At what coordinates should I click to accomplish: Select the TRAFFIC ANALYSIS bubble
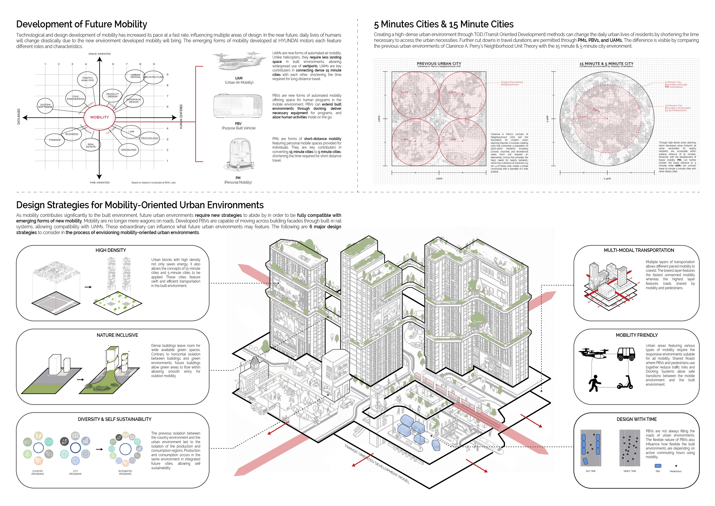(87, 79)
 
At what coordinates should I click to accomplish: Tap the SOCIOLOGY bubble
(129, 150)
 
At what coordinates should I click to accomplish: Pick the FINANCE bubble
(55, 140)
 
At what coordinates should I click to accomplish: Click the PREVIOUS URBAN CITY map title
(439, 63)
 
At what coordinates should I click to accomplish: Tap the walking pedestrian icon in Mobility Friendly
(594, 383)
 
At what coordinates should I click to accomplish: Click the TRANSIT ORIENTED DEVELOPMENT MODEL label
(377, 464)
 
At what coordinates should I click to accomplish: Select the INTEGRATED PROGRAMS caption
(125, 472)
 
